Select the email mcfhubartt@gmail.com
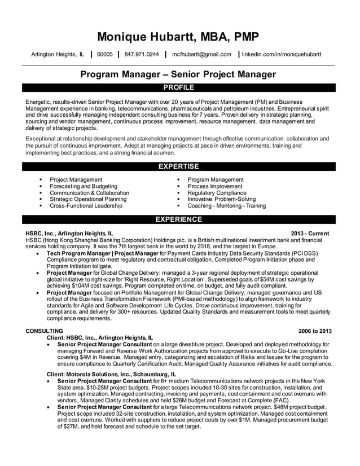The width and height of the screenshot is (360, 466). (x=201, y=55)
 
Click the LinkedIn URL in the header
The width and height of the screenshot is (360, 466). (x=282, y=55)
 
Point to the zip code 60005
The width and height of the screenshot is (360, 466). (x=104, y=55)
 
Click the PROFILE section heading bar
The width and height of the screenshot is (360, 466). (x=178, y=87)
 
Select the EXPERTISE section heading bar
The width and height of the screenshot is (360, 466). (x=178, y=166)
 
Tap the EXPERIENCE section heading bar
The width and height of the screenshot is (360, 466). (x=178, y=219)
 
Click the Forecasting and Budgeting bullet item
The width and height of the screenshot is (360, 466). (x=84, y=186)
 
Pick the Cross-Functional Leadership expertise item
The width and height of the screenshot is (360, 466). (x=86, y=206)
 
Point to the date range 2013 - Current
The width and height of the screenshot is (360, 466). (x=310, y=233)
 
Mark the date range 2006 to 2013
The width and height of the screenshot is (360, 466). (x=315, y=331)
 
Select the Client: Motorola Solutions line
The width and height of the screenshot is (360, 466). (x=111, y=374)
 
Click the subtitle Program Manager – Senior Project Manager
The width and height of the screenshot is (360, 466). (x=178, y=74)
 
